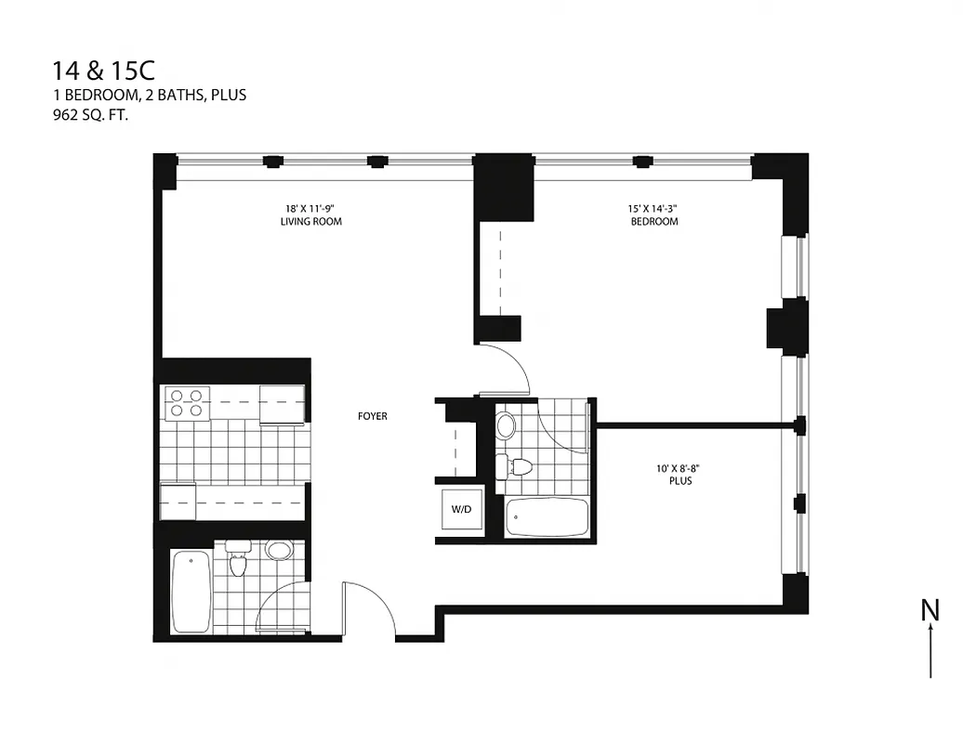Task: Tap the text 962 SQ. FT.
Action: point(90,116)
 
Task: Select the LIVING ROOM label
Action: point(310,222)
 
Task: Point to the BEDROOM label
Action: point(653,222)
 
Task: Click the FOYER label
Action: point(372,416)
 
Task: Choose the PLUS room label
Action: point(679,481)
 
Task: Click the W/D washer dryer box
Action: point(461,509)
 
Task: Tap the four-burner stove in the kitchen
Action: point(185,403)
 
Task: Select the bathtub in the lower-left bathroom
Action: point(191,592)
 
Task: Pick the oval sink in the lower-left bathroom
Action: point(278,550)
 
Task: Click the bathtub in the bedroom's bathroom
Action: point(547,516)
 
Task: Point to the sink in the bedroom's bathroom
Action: point(506,426)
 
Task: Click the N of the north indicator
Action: point(929,610)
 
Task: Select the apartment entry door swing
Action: point(370,608)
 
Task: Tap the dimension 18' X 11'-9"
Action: point(310,209)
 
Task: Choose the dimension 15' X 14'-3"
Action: point(653,209)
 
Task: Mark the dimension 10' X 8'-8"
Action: point(679,469)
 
